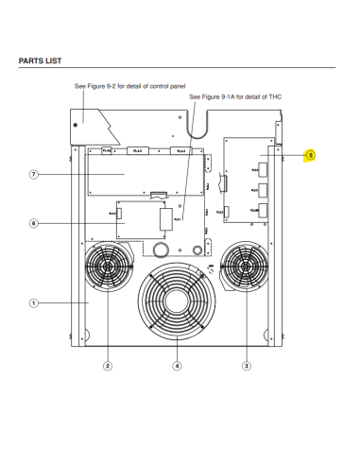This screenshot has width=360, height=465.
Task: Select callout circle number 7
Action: coord(33,175)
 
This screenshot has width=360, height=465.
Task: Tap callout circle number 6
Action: coord(33,224)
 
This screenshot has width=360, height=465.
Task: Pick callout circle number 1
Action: coord(33,303)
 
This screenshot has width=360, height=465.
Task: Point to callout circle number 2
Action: coord(108,365)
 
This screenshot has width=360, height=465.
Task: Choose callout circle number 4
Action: coord(177,365)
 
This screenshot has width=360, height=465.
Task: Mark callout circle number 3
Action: coord(247,365)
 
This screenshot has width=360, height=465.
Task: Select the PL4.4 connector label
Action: coord(180,149)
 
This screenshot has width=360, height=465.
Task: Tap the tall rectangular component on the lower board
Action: coord(166,220)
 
